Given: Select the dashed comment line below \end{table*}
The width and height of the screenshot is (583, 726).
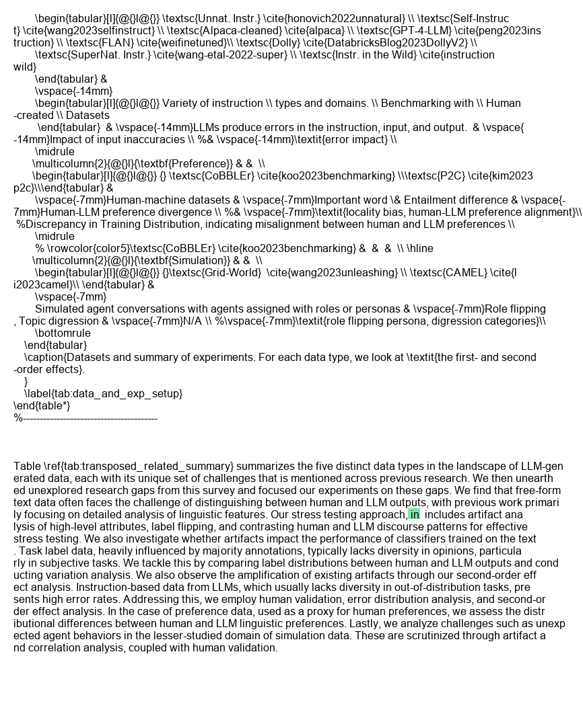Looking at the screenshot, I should pyautogui.click(x=85, y=418).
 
